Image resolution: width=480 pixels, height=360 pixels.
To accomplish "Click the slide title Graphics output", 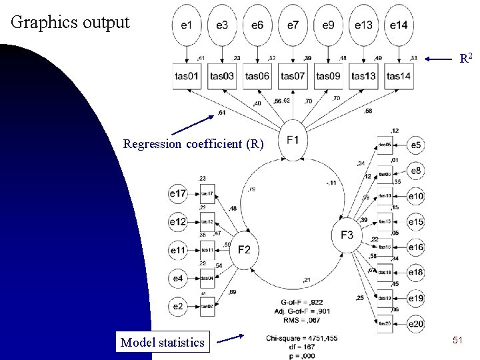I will [x=71, y=21].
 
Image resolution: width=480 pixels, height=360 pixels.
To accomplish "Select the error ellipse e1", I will [x=187, y=25].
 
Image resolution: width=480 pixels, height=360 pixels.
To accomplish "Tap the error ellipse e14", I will [x=399, y=25].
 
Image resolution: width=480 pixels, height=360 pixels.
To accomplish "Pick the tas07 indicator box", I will [x=293, y=76].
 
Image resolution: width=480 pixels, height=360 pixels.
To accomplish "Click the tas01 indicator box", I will [x=186, y=76].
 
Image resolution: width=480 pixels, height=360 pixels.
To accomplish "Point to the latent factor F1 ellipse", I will [x=293, y=140].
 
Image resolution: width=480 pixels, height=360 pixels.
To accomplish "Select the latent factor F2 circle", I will [x=244, y=249].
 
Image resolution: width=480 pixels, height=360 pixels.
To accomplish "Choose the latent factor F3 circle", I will [x=347, y=235].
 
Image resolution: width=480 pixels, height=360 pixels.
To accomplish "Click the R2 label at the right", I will [x=467, y=59].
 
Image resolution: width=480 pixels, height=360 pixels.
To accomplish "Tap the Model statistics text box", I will [x=162, y=343].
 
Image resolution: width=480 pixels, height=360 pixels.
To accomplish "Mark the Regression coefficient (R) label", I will [x=194, y=143].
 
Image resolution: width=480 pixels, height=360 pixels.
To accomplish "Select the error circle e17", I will [x=177, y=194].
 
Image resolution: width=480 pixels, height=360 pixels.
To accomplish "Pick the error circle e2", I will [x=177, y=306].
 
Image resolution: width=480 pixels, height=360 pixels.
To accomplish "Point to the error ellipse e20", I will [x=416, y=324].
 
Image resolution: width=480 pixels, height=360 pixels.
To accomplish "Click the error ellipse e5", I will [x=416, y=145].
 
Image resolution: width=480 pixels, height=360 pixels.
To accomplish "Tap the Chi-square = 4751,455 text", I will [x=301, y=337].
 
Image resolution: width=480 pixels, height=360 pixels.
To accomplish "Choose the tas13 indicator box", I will [x=363, y=76].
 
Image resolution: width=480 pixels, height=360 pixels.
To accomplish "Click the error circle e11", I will [x=177, y=250].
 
